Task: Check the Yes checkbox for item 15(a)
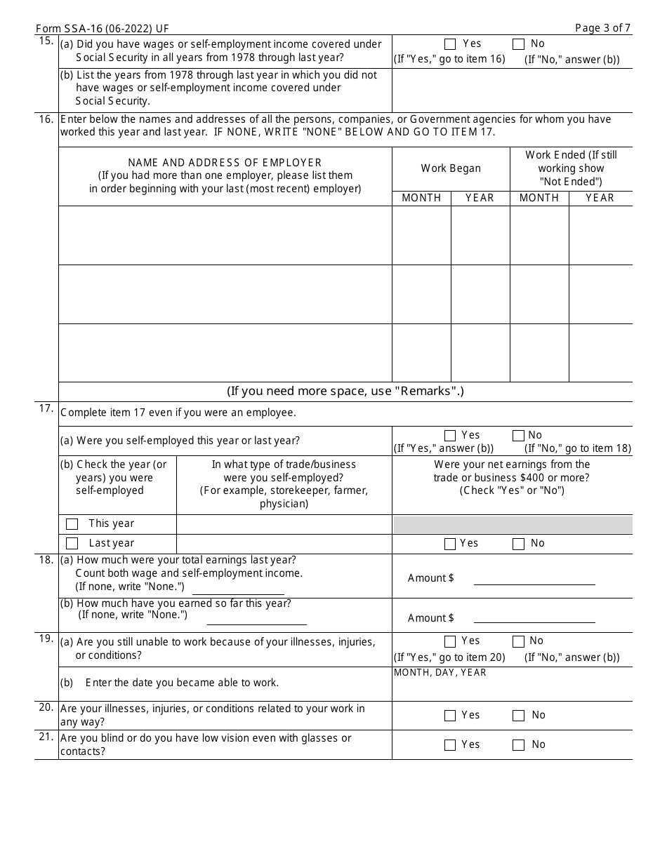(x=450, y=44)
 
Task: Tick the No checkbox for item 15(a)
(x=518, y=44)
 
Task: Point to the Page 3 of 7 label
(x=602, y=28)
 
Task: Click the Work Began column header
(x=451, y=168)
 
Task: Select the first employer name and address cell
(x=225, y=235)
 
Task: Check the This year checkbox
(x=72, y=524)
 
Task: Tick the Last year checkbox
(x=72, y=544)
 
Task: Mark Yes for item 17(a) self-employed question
(x=450, y=436)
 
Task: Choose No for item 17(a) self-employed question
(x=518, y=436)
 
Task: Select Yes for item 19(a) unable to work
(x=450, y=641)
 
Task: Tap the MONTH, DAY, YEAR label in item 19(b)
(x=440, y=672)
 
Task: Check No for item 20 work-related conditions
(x=518, y=716)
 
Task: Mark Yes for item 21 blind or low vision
(x=450, y=745)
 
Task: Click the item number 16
(x=46, y=119)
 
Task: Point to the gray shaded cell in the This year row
(x=513, y=524)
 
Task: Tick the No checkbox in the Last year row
(x=518, y=544)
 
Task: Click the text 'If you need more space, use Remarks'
(x=345, y=392)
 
